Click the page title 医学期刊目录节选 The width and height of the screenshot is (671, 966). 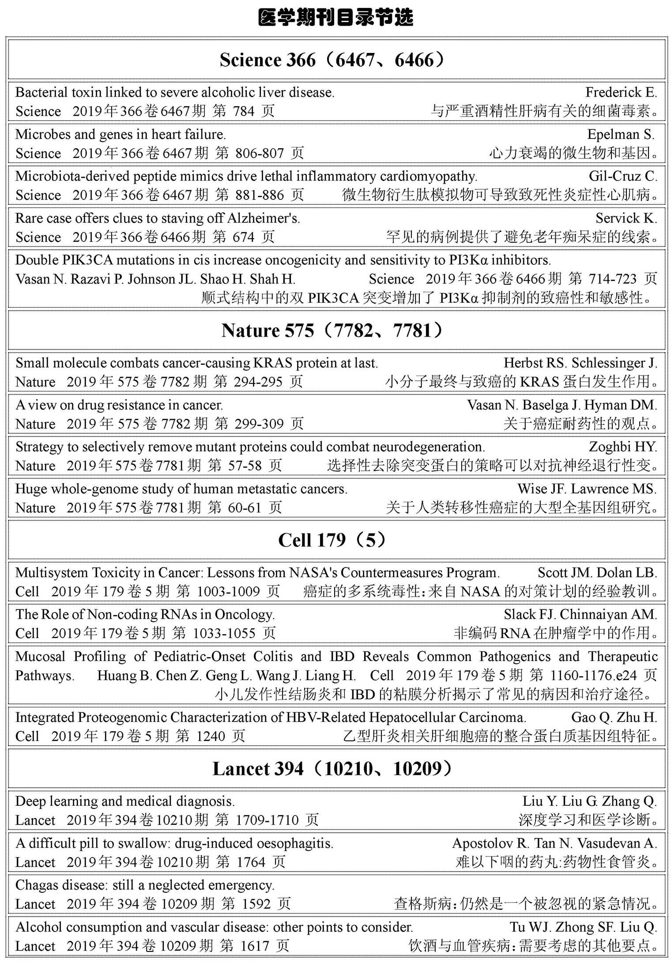335,18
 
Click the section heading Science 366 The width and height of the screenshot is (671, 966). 332,60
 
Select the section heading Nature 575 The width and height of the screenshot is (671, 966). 332,331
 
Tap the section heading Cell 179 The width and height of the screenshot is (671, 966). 332,540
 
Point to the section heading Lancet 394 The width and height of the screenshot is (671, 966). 332,769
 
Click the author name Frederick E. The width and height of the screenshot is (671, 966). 621,92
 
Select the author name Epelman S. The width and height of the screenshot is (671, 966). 622,134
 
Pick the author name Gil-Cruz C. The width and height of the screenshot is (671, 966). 622,176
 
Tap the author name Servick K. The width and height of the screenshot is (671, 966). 626,218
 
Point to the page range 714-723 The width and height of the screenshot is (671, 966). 612,279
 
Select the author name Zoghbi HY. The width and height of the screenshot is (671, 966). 622,447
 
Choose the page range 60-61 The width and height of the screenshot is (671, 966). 245,507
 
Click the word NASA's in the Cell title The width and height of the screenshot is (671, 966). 313,572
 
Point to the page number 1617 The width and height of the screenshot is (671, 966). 255,946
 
